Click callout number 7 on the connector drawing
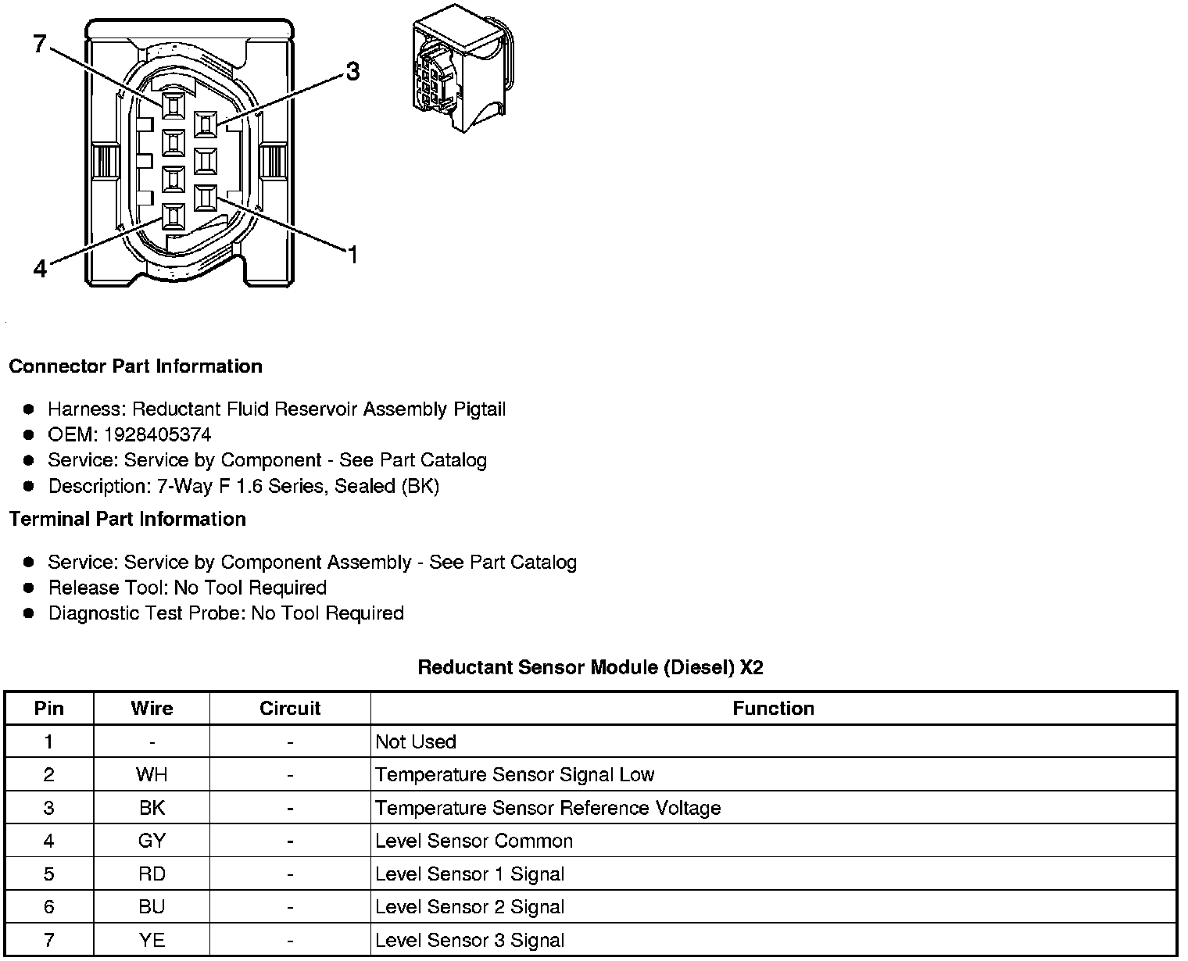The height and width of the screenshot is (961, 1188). point(41,44)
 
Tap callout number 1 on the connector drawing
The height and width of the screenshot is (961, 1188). point(352,255)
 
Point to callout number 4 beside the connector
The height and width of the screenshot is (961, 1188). point(41,269)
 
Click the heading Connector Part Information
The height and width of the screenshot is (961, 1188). point(135,366)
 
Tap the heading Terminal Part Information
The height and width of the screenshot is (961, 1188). point(127,519)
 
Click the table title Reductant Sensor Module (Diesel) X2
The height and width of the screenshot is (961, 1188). point(590,667)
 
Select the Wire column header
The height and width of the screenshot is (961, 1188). point(152,709)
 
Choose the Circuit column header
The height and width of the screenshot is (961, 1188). point(290,709)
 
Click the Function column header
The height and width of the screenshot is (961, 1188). point(773,709)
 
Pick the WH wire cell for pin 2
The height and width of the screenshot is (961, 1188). point(152,775)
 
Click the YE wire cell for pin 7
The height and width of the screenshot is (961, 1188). point(152,941)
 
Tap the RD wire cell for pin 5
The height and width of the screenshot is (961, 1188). point(152,874)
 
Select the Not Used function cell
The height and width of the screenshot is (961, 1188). point(416,741)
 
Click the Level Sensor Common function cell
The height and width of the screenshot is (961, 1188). point(474,841)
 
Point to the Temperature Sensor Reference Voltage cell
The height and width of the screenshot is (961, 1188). point(547,808)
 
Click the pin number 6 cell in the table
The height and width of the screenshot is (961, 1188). point(49,907)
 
